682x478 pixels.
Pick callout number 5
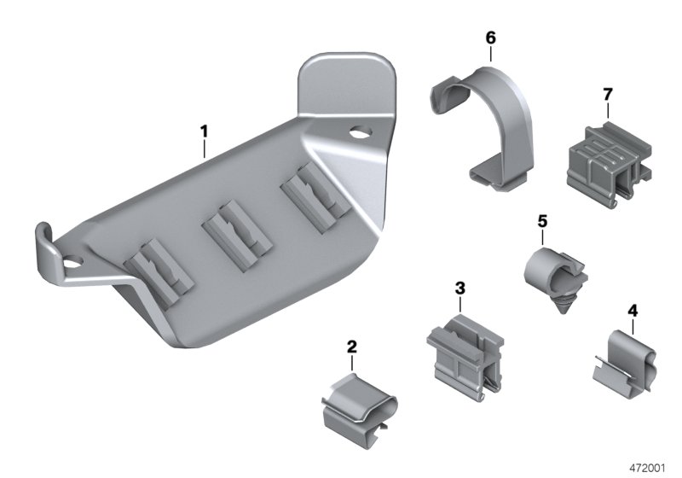[541, 221]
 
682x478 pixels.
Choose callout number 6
[490, 38]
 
